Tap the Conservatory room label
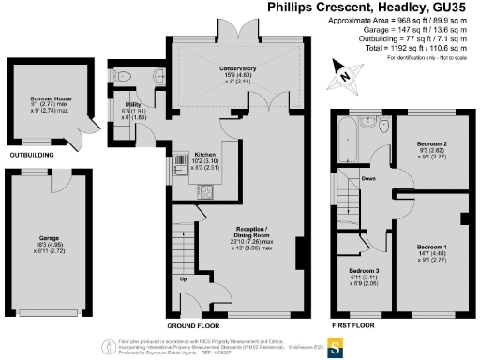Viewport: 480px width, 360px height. (x=228, y=68)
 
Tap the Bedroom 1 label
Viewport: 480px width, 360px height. (x=432, y=246)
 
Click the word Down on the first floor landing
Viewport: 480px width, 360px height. (x=369, y=177)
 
